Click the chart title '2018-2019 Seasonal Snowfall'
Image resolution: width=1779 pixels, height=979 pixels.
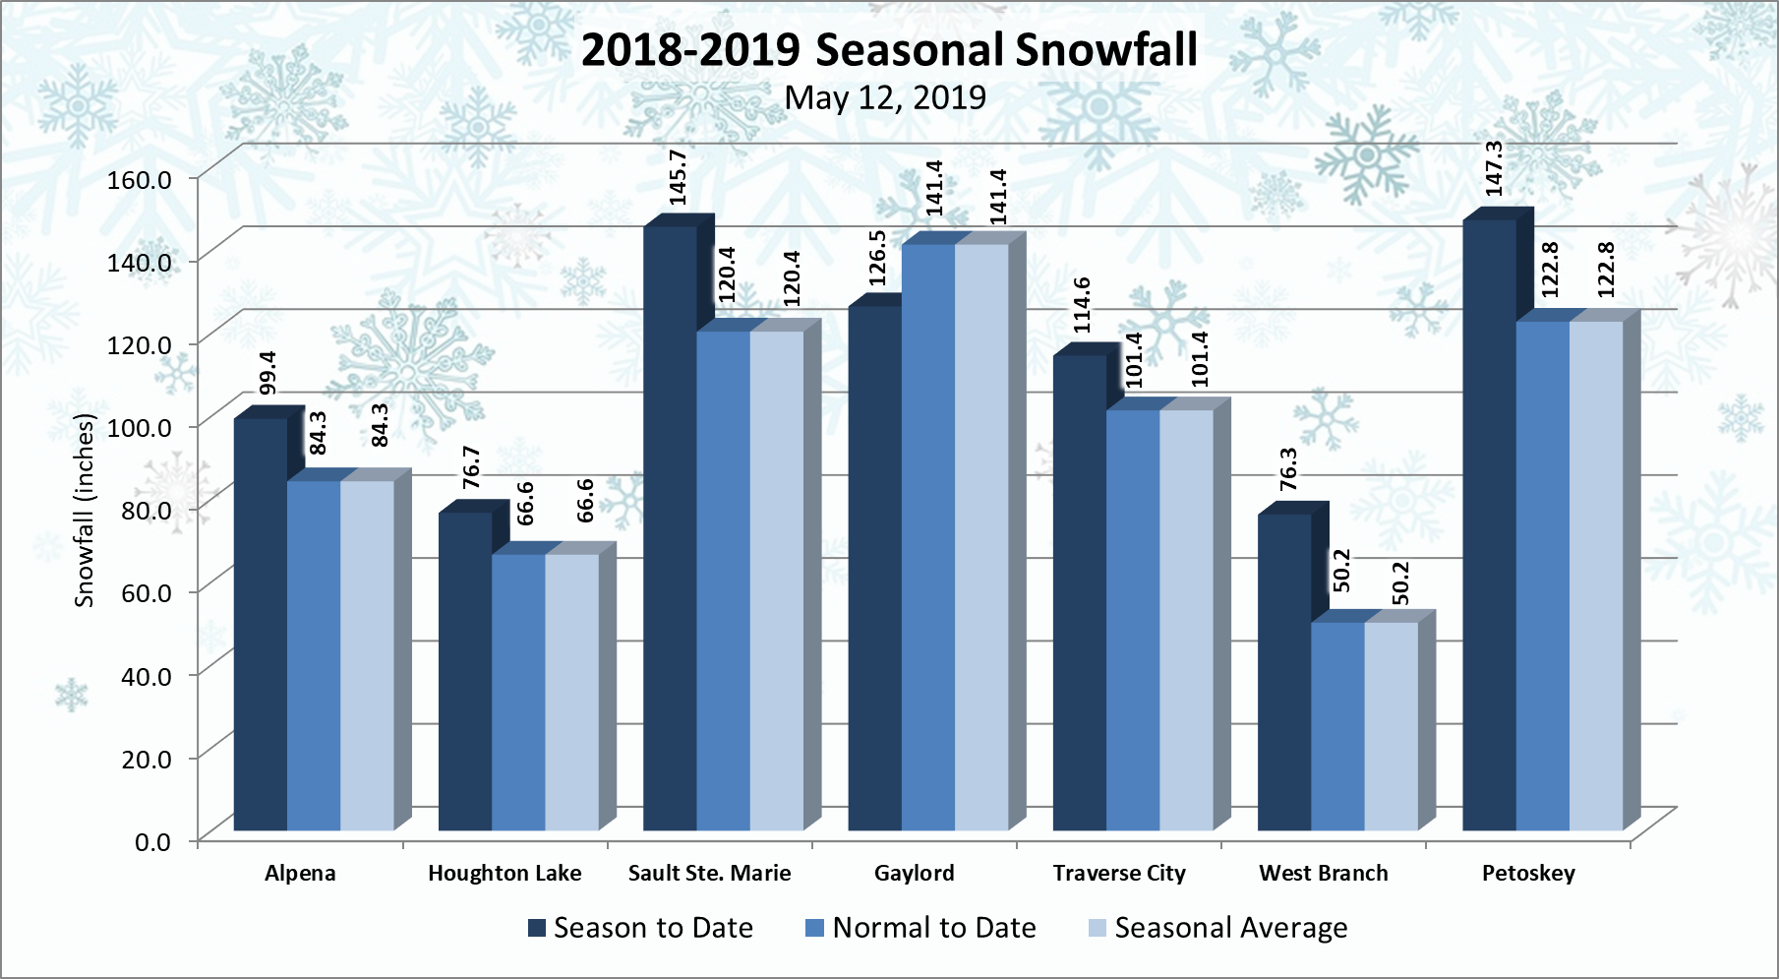click(x=889, y=50)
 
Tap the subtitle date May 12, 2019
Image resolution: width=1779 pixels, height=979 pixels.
click(x=885, y=97)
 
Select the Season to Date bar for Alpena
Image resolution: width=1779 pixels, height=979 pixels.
click(x=261, y=625)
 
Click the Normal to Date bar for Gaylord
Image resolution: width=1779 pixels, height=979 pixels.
click(x=928, y=537)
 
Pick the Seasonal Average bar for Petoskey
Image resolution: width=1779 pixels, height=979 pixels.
click(x=1596, y=576)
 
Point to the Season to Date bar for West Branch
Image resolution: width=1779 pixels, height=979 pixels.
click(x=1284, y=672)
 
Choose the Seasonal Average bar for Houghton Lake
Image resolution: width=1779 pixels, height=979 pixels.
click(x=571, y=692)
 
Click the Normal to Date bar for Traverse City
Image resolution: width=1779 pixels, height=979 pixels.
click(x=1133, y=620)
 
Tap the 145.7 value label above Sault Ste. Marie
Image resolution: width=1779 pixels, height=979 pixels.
click(x=678, y=177)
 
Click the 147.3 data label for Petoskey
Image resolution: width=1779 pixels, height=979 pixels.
click(x=1494, y=168)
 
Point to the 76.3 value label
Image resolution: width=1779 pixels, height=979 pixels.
click(x=1288, y=468)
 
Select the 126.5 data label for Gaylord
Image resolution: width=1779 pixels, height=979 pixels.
click(x=877, y=258)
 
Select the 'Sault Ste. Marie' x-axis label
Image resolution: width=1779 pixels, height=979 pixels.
click(x=709, y=874)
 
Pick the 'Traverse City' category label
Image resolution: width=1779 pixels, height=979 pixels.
click(x=1119, y=874)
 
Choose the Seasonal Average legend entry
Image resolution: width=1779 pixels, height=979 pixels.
click(x=1218, y=928)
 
